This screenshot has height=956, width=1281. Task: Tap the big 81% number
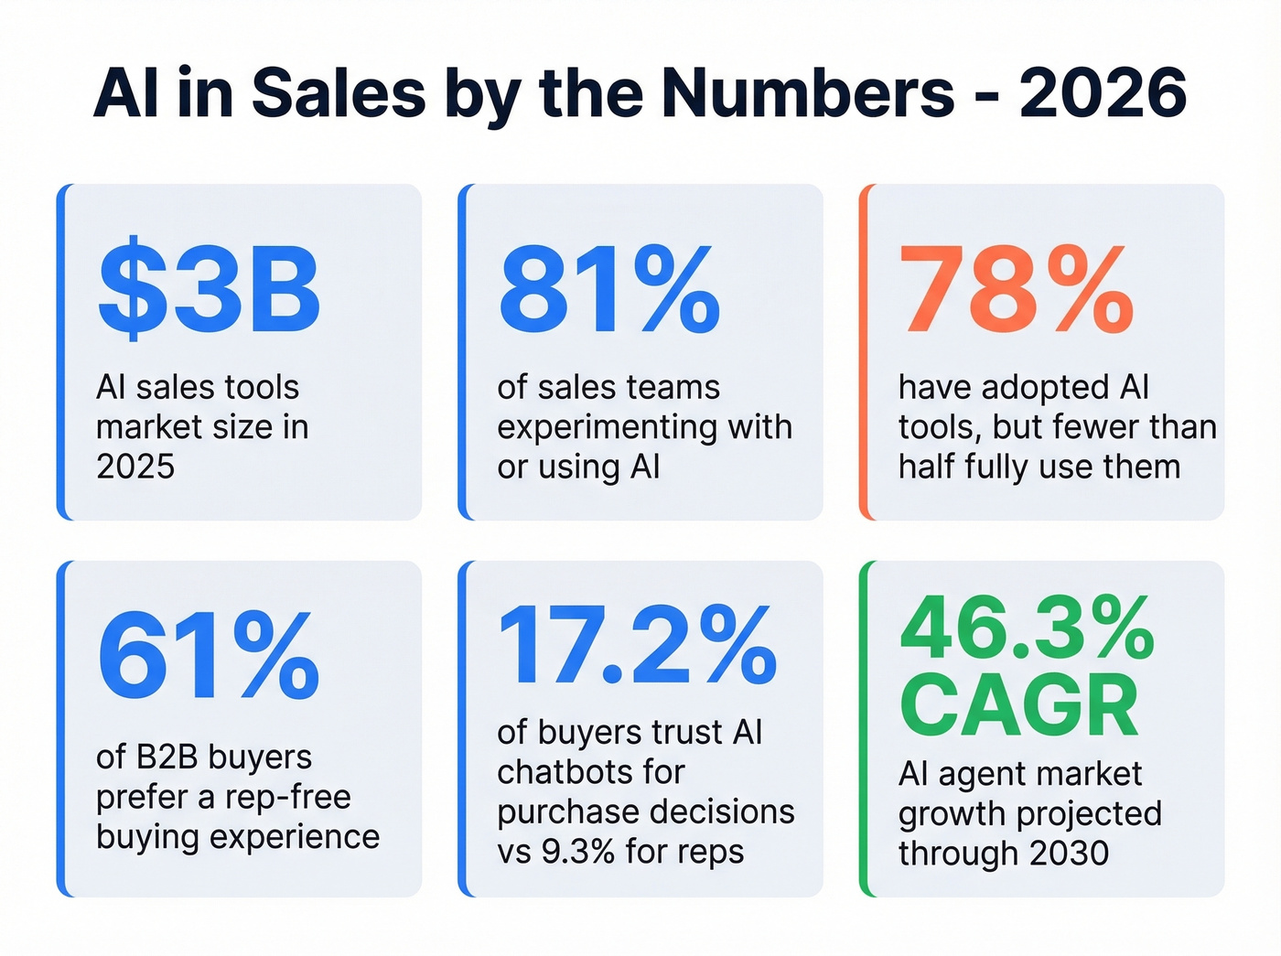pos(609,291)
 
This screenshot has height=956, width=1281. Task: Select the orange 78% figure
pos(1016,291)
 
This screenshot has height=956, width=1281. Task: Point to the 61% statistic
pos(209,656)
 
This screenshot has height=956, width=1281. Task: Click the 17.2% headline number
pos(637,646)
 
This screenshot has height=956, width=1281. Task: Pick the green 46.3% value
pos(1027,629)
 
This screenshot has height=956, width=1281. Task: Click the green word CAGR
pos(1019,706)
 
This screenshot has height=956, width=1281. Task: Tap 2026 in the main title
pos(1103,93)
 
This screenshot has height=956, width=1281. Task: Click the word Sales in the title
pos(339,93)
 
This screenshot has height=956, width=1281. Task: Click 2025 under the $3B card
pos(135,467)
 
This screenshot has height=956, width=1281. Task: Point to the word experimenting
pos(606,427)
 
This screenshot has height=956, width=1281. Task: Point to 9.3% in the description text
pos(578,852)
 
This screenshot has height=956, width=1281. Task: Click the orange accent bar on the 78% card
pos(864,352)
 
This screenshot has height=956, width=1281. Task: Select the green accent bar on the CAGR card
pos(864,728)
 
